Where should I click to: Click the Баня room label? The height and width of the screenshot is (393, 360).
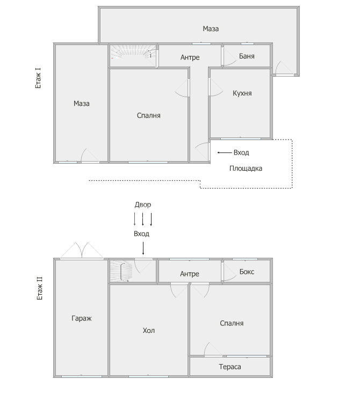pyautogui.click(x=247, y=56)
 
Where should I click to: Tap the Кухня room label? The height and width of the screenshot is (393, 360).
pyautogui.click(x=242, y=93)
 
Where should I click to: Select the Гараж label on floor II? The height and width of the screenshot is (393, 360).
pyautogui.click(x=82, y=318)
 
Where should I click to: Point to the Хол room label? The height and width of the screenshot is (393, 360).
pyautogui.click(x=148, y=330)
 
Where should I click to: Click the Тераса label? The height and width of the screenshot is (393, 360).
pyautogui.click(x=230, y=367)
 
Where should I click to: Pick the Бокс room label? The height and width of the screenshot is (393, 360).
pyautogui.click(x=247, y=272)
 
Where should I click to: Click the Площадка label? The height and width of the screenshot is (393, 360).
pyautogui.click(x=246, y=169)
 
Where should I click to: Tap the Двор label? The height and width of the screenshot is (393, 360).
pyautogui.click(x=143, y=205)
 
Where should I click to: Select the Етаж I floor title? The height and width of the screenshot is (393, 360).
pyautogui.click(x=38, y=78)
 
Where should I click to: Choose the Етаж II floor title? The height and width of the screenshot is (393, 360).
pyautogui.click(x=40, y=288)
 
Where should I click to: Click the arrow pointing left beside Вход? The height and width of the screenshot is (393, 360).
pyautogui.click(x=225, y=152)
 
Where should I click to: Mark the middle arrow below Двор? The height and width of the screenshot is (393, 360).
pyautogui.click(x=143, y=219)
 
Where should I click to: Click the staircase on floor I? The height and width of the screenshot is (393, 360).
pyautogui.click(x=133, y=55)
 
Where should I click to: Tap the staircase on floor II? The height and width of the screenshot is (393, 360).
pyautogui.click(x=121, y=271)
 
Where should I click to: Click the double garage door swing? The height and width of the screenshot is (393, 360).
pyautogui.click(x=82, y=250)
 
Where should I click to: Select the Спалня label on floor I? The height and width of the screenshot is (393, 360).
pyautogui.click(x=148, y=115)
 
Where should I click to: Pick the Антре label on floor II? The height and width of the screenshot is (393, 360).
pyautogui.click(x=190, y=274)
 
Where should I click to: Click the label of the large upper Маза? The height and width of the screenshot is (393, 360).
pyautogui.click(x=211, y=29)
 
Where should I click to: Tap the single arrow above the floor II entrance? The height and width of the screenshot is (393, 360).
pyautogui.click(x=143, y=248)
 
